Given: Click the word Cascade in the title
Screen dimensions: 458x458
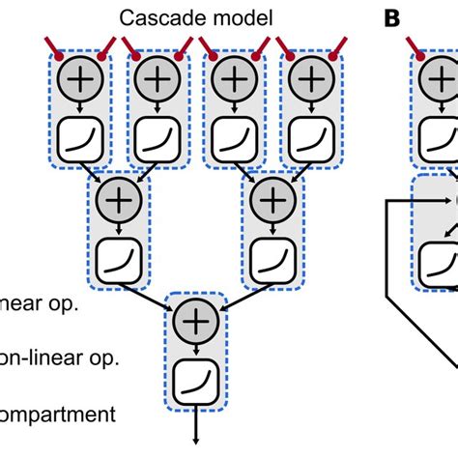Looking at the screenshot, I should point(154,17).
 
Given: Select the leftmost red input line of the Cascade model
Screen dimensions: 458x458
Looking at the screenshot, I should point(53,48).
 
